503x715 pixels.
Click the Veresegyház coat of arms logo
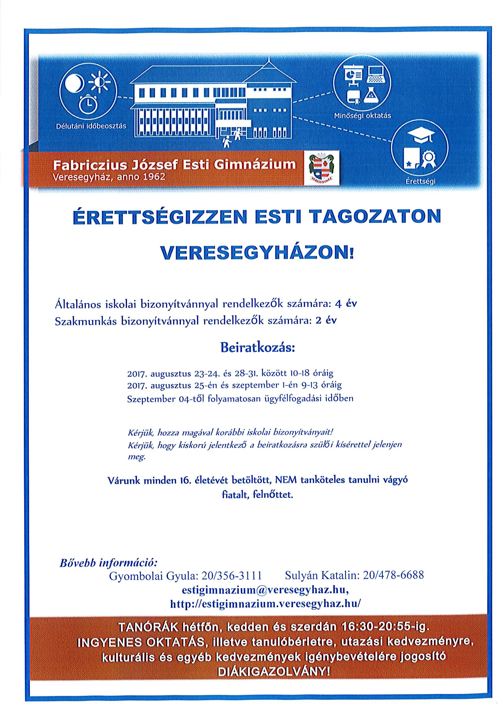coord(321,168)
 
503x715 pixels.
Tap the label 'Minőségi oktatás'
coord(362,116)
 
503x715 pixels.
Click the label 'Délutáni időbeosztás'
coord(91,126)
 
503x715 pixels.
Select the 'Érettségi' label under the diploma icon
coord(421,182)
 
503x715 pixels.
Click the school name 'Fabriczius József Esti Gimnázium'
coord(174,164)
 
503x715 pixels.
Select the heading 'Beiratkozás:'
coord(257,347)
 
